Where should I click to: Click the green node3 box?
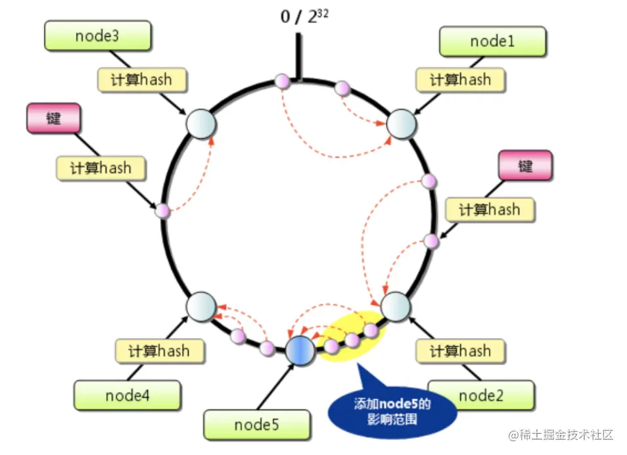pyautogui.click(x=97, y=36)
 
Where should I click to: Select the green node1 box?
pyautogui.click(x=493, y=41)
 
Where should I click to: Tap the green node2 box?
pyautogui.click(x=481, y=395)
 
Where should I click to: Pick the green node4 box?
pyautogui.click(x=127, y=395)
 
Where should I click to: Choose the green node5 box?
pyautogui.click(x=257, y=425)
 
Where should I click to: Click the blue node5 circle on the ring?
pyautogui.click(x=300, y=350)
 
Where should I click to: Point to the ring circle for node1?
pyautogui.click(x=402, y=124)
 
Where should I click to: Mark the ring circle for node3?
pyautogui.click(x=201, y=124)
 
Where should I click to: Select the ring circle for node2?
pyautogui.click(x=396, y=306)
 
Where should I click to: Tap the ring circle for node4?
pyautogui.click(x=201, y=306)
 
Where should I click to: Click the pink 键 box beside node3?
pyautogui.click(x=54, y=118)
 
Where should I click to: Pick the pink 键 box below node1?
pyautogui.click(x=525, y=165)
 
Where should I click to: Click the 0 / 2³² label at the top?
pyautogui.click(x=304, y=16)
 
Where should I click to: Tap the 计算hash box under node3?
pyautogui.click(x=141, y=80)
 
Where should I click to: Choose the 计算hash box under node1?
pyautogui.click(x=460, y=80)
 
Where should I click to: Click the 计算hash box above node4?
pyautogui.click(x=160, y=351)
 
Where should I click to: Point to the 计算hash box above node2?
pyautogui.click(x=460, y=351)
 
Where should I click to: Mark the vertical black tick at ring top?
pyautogui.click(x=298, y=57)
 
